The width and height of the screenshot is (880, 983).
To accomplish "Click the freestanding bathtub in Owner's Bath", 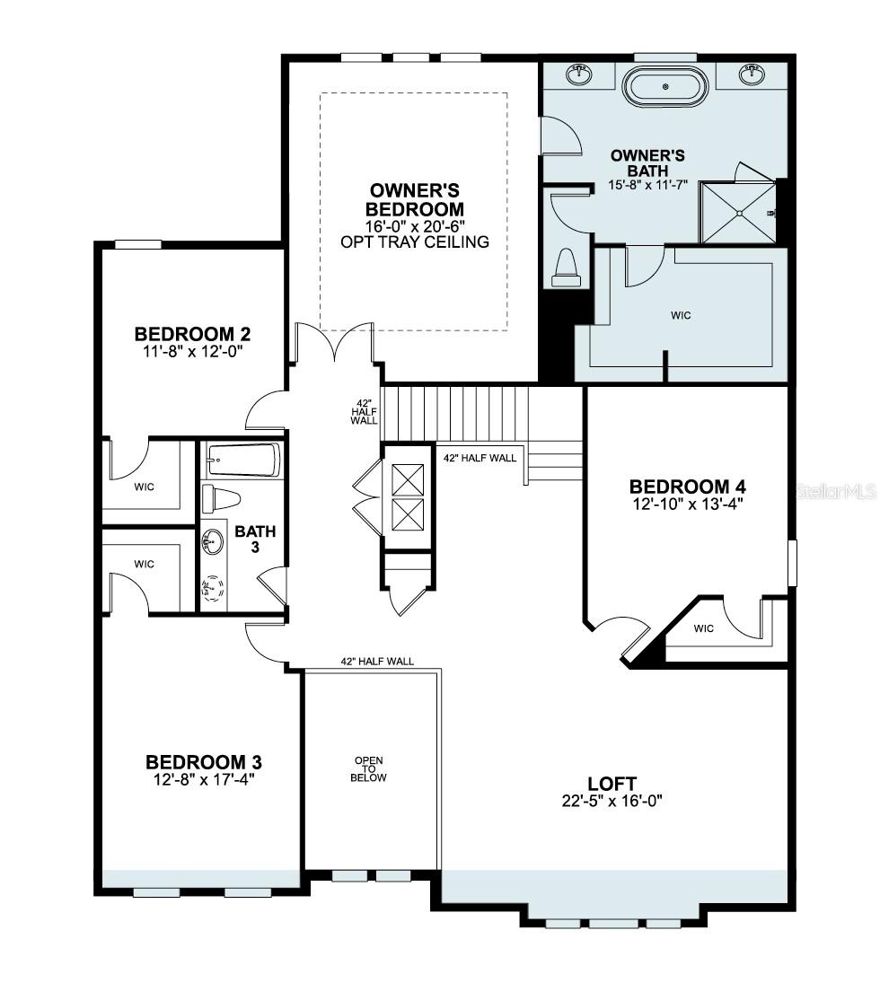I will click(666, 87).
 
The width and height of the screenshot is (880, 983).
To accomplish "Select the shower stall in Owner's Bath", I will click(738, 212).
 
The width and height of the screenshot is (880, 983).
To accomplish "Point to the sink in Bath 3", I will click(213, 541).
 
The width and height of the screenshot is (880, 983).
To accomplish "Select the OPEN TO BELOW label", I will click(368, 769).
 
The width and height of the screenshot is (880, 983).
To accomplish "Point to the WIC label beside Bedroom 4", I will click(704, 628).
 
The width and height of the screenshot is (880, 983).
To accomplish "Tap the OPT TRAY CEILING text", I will click(415, 241).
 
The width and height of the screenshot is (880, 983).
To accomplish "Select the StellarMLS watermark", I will click(835, 492).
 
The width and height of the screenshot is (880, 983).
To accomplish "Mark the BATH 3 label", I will click(255, 538).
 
